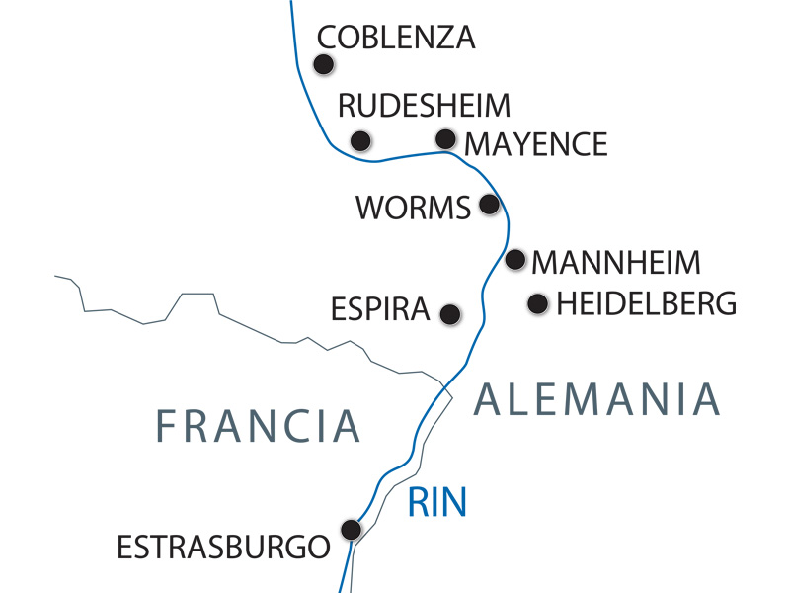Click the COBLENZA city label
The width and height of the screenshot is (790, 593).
click(x=396, y=38)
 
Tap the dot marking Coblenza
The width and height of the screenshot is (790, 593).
click(x=323, y=64)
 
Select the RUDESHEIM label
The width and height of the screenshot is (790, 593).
click(x=424, y=106)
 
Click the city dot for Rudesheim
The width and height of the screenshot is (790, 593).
click(x=361, y=139)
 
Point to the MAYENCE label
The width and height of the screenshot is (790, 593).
click(x=536, y=144)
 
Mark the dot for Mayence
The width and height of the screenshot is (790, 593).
click(x=446, y=138)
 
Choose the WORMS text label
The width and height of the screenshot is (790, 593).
click(x=413, y=208)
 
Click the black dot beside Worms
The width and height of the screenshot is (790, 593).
click(x=488, y=205)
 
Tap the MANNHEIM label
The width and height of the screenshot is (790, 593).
click(x=616, y=263)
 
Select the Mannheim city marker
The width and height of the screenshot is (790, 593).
click(x=514, y=260)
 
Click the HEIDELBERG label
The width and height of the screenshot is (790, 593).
click(x=647, y=303)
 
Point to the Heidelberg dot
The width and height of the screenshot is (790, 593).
click(x=537, y=303)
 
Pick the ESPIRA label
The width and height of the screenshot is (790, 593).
click(x=381, y=311)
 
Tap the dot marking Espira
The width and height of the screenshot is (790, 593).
click(x=449, y=314)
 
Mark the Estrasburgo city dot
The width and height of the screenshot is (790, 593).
click(x=350, y=530)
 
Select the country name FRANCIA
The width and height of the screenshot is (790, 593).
click(x=259, y=425)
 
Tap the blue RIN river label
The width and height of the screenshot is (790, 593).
click(x=436, y=503)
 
